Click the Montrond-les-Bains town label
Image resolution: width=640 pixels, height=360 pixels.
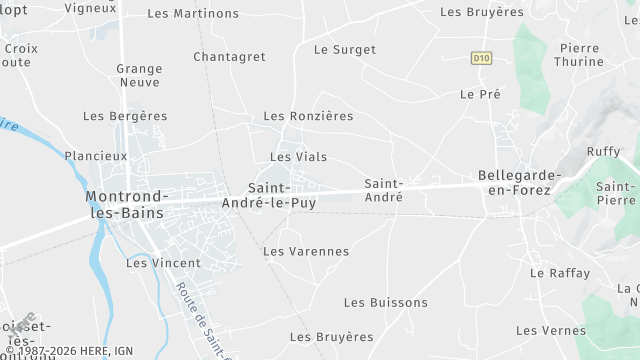128,203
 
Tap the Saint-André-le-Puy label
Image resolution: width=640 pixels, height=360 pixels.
282,195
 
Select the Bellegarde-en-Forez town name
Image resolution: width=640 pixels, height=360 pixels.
520,182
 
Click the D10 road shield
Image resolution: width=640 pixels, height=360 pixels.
482,58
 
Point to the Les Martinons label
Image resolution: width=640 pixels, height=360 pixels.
193,14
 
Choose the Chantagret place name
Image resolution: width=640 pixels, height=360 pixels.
229,57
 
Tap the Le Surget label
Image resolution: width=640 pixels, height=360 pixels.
345,50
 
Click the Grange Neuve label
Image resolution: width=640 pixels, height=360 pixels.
139,76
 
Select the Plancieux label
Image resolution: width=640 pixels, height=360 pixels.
96,156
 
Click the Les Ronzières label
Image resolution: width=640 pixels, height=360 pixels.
308,116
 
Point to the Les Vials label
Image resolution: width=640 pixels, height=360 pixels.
298,157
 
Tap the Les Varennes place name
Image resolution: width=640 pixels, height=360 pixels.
306,252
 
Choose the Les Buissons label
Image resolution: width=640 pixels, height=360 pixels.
385,303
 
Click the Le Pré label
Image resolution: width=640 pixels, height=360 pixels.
480,94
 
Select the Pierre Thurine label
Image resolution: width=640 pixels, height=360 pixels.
581,54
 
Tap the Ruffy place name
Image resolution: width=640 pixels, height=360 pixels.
604,152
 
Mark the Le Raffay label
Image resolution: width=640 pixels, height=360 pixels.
560,273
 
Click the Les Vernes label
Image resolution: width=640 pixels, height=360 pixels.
551,331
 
